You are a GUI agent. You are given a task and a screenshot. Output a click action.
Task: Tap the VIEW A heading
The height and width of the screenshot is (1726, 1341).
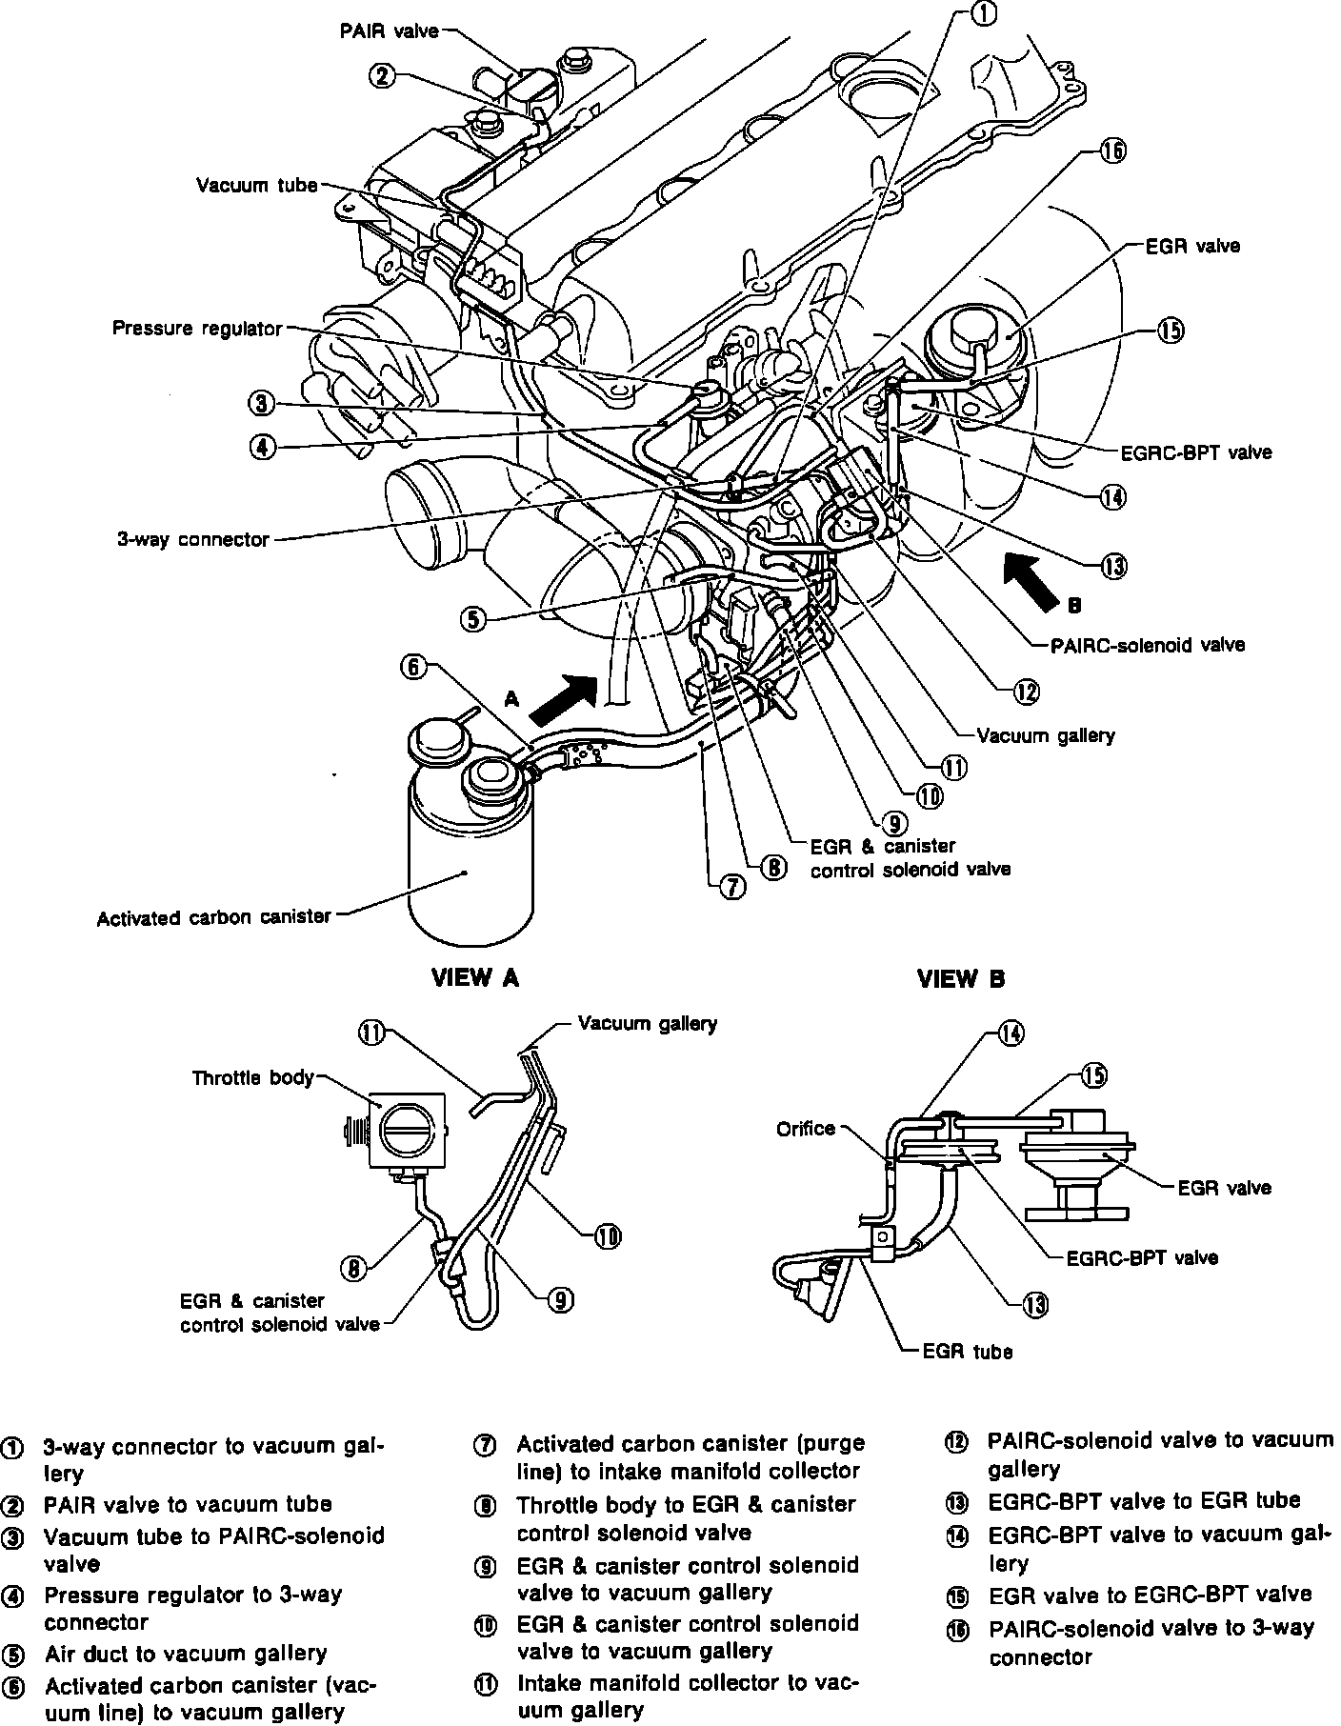click(475, 978)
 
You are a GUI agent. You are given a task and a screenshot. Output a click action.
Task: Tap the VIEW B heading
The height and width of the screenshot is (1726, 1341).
click(960, 978)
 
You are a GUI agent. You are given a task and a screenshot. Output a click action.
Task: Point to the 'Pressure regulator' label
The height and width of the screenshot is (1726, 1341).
click(197, 329)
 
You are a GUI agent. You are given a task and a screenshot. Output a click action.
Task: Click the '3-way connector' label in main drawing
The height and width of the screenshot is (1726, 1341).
click(193, 539)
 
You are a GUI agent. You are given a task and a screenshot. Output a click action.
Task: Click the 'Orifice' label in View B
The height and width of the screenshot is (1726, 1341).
click(806, 1129)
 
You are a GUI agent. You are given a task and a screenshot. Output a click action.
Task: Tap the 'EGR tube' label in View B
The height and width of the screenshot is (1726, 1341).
click(968, 1351)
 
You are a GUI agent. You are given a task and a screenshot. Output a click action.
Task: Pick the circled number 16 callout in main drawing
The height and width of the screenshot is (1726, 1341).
click(1112, 151)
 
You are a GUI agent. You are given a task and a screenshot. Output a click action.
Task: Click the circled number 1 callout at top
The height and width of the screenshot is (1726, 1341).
click(984, 12)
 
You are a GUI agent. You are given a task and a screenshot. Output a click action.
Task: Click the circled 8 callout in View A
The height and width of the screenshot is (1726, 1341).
click(353, 1268)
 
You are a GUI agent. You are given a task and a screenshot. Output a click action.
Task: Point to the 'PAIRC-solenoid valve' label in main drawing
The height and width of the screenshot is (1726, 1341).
click(1147, 645)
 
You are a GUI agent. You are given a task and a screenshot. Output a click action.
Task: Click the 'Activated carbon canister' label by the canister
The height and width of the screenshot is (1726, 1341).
click(213, 917)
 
